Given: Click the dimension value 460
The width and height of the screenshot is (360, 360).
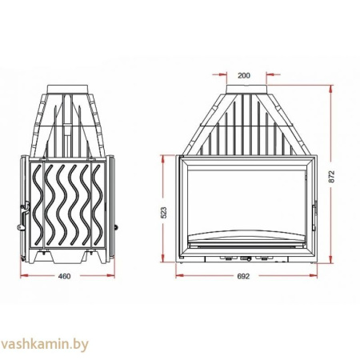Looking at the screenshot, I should [x=66, y=276].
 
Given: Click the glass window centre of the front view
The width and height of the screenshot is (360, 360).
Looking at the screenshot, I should [x=244, y=200].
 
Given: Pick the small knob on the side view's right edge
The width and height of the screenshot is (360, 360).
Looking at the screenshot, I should [x=114, y=226].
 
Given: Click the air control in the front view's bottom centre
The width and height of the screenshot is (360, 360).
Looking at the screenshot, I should [x=244, y=259].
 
